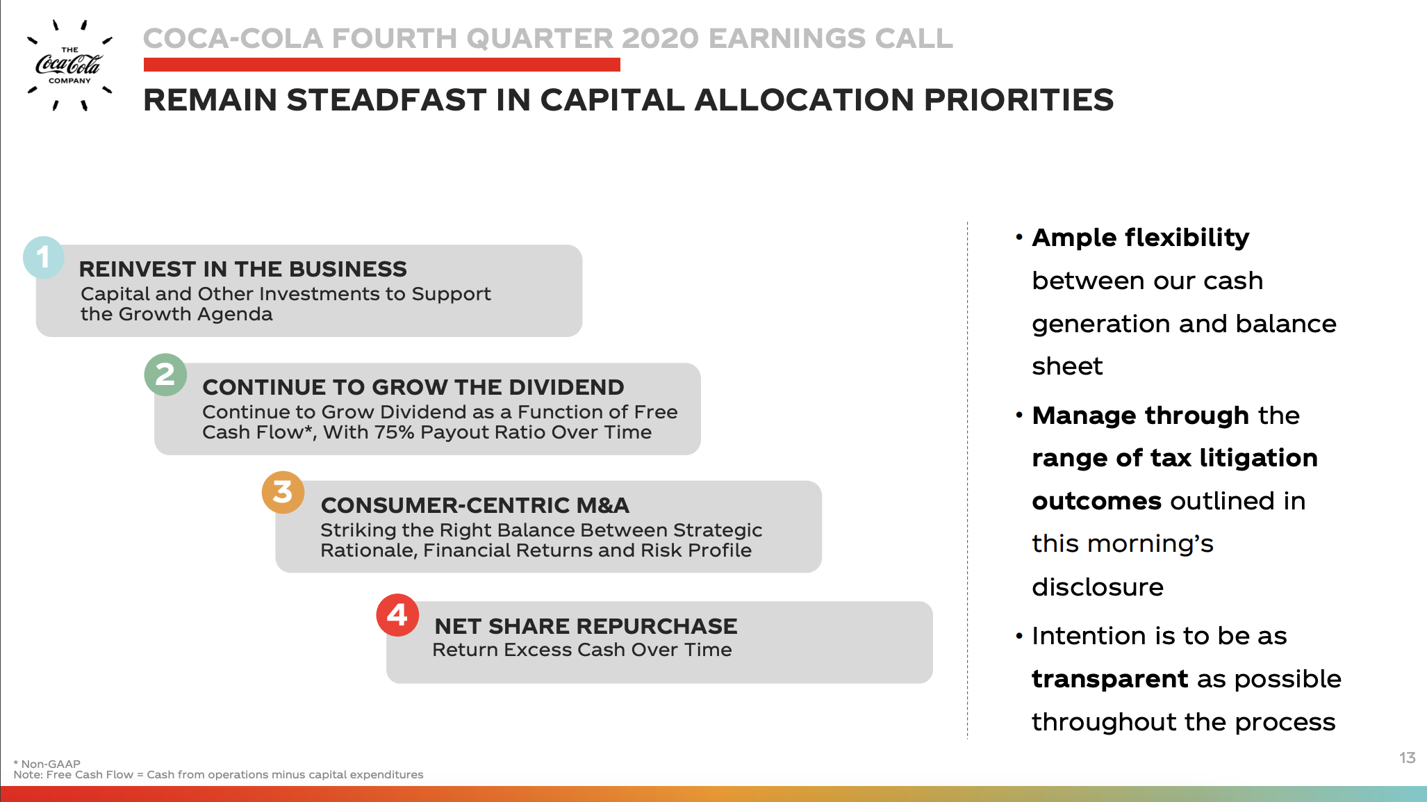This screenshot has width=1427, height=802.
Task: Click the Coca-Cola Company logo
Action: coord(69,65)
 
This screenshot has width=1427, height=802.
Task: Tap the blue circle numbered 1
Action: coord(44,257)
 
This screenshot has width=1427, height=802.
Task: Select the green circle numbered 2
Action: coord(165,375)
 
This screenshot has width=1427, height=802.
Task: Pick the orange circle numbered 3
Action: coord(283,493)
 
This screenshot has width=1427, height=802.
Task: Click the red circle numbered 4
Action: coord(397,615)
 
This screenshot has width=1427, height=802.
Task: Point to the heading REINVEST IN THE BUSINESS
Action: coord(243,269)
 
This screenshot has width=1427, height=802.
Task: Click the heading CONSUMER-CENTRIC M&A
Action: coord(475,505)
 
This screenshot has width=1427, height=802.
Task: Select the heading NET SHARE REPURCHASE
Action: coord(586,626)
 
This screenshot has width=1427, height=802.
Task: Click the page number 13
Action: coord(1408,758)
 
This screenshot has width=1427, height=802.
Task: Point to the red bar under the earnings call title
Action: coord(382,65)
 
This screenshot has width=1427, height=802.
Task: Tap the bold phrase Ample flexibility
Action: coord(1141,238)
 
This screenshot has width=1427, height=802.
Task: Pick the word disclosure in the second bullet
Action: coord(1098,587)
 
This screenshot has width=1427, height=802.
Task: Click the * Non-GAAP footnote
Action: coord(47,764)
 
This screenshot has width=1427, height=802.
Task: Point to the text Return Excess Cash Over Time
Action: coord(582,650)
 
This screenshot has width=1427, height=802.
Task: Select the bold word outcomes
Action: coord(1097,501)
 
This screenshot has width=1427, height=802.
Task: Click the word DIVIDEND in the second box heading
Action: coord(566,387)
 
